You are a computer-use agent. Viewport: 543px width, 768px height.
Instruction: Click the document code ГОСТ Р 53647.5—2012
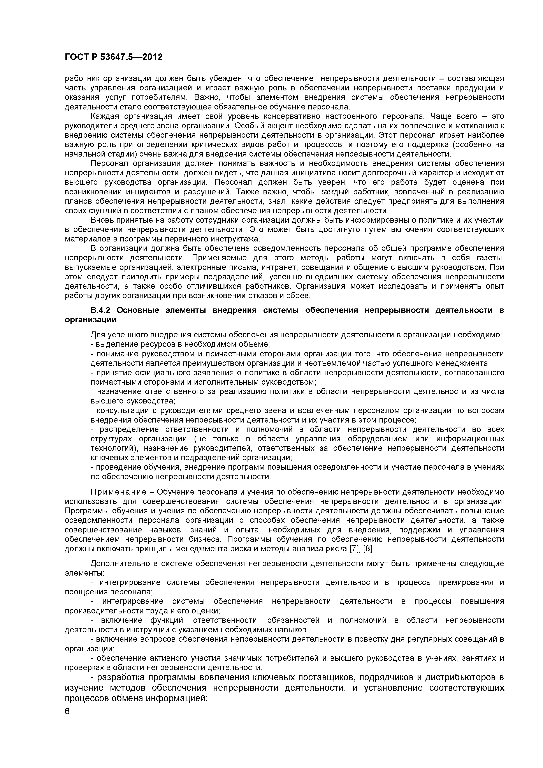coord(114,57)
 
